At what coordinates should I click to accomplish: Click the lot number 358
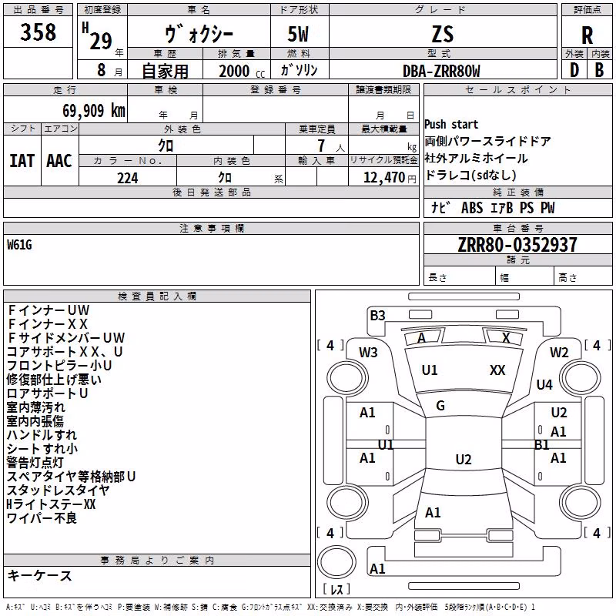[38, 32]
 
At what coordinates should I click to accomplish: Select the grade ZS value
[443, 34]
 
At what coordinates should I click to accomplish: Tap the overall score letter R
[587, 35]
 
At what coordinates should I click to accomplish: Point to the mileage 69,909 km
[94, 111]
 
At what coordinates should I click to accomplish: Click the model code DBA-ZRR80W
[441, 71]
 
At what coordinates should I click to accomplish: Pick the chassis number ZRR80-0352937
[517, 245]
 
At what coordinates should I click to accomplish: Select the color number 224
[128, 178]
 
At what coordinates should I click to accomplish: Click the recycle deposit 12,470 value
[383, 178]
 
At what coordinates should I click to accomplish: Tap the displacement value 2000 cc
[242, 71]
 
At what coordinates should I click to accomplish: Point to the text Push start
[451, 125]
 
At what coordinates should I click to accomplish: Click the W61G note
[19, 245]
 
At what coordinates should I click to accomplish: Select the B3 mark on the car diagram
[377, 316]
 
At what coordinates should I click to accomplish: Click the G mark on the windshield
[440, 406]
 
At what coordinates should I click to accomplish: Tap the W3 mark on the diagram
[368, 353]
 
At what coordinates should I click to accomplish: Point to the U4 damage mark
[544, 384]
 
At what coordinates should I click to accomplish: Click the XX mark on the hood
[497, 370]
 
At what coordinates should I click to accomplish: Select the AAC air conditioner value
[59, 161]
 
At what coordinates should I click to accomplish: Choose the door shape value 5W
[298, 34]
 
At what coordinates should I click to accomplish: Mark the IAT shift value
[22, 161]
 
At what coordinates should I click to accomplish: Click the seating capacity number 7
[321, 146]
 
